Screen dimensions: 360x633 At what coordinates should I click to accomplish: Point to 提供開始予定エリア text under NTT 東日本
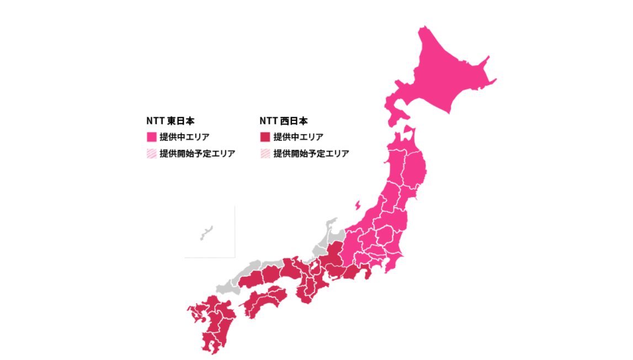[x=197, y=154]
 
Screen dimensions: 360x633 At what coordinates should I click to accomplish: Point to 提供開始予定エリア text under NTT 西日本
[x=311, y=154]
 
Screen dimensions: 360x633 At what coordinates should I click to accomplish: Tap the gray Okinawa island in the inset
[x=207, y=232]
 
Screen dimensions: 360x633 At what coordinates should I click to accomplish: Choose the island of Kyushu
[x=212, y=323]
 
